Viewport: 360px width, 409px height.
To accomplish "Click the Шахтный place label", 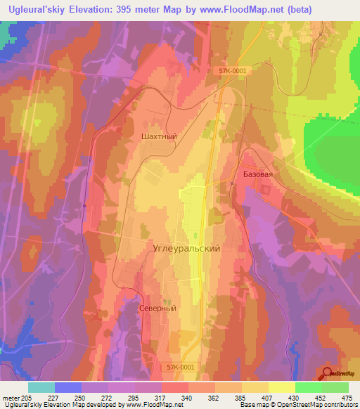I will click(158, 137).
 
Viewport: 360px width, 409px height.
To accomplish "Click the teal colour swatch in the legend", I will click(41, 387).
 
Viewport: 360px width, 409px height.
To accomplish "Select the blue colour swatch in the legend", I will click(68, 387).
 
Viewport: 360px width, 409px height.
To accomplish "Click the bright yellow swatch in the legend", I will click(281, 387).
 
